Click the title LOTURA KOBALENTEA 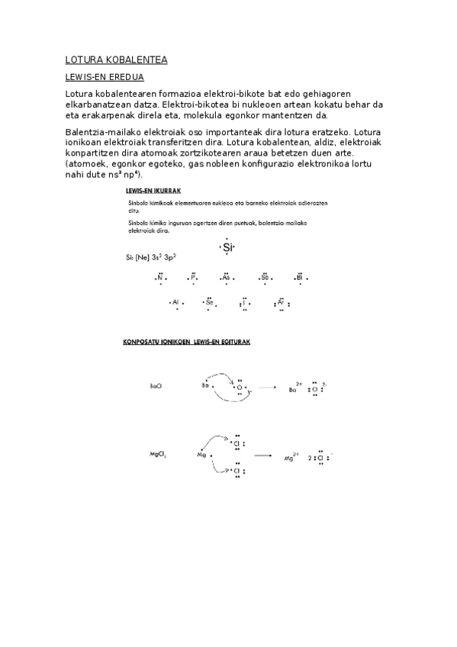(x=116, y=60)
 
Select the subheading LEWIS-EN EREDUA (x=105, y=77)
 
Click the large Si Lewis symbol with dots (x=227, y=247)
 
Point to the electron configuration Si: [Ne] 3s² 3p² (x=150, y=257)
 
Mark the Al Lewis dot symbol (x=175, y=303)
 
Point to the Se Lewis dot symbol (x=209, y=303)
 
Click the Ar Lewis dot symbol (x=280, y=303)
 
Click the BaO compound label (x=156, y=386)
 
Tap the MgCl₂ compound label (x=158, y=455)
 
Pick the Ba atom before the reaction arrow (x=205, y=386)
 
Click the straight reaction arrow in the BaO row (x=266, y=388)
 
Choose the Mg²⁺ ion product (x=291, y=457)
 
